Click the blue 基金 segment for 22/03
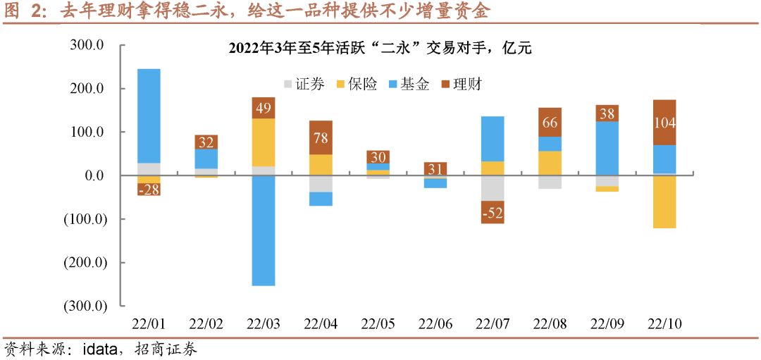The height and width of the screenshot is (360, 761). (263, 230)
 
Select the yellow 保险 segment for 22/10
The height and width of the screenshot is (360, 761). (664, 201)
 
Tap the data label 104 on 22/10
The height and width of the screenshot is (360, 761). (664, 123)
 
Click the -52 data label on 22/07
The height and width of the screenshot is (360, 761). (493, 212)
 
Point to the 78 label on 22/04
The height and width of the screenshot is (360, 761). (321, 137)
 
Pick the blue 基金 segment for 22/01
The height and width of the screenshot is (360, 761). (149, 116)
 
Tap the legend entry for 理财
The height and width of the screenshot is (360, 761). (460, 85)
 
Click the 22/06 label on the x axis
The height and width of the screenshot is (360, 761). (435, 324)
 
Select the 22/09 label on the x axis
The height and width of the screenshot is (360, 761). (607, 324)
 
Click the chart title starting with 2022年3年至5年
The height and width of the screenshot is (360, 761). (380, 49)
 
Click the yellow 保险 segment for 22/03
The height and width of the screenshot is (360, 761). (263, 142)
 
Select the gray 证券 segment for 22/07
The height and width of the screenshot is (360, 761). (493, 188)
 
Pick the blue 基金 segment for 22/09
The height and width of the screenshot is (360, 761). (607, 148)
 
